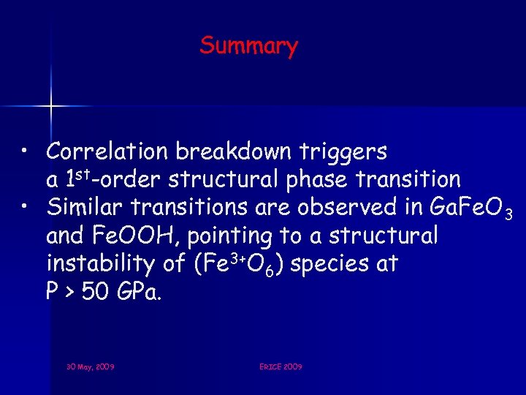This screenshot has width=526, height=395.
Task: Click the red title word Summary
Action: pyautogui.click(x=248, y=45)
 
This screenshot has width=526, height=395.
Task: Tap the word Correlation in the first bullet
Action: pyautogui.click(x=107, y=151)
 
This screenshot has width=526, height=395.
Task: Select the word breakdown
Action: pyautogui.click(x=233, y=151)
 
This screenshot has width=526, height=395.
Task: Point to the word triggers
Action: pyautogui.click(x=344, y=152)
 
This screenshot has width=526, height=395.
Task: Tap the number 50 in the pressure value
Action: pyautogui.click(x=94, y=292)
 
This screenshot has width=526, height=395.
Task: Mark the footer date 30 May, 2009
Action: pyautogui.click(x=89, y=366)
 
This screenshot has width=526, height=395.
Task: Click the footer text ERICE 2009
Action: pyautogui.click(x=281, y=366)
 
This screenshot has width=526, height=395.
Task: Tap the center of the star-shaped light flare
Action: pyautogui.click(x=50, y=107)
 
